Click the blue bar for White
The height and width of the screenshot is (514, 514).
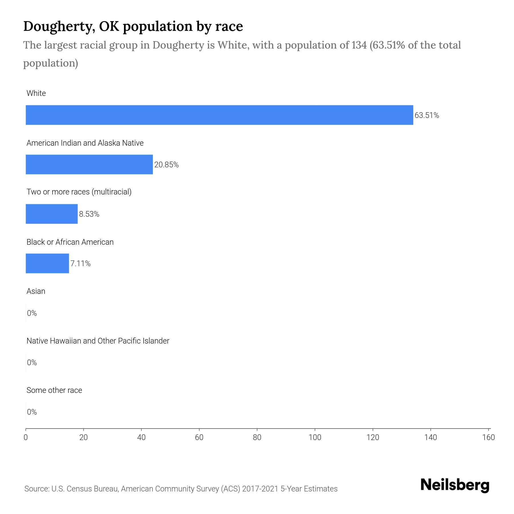click(219, 115)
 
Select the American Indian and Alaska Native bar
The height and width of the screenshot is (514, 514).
click(89, 164)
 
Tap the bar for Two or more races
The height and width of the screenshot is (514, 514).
click(52, 214)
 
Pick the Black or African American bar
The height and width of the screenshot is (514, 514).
click(47, 263)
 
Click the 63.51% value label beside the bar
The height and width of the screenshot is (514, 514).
click(427, 115)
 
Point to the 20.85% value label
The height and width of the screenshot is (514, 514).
click(166, 165)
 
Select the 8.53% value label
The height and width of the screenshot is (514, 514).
click(89, 214)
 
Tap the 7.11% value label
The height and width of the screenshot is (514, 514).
click(81, 264)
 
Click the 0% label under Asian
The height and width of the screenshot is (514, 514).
click(32, 313)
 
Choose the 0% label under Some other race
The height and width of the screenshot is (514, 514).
click(32, 412)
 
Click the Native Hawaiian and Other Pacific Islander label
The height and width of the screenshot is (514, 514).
click(98, 341)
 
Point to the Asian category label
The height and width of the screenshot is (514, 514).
click(36, 291)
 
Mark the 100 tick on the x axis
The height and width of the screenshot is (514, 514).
click(315, 437)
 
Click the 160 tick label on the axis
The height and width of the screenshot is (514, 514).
click(488, 437)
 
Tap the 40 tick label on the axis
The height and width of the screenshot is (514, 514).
click(141, 437)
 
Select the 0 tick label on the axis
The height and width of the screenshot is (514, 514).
click(26, 437)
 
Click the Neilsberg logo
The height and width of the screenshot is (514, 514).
click(455, 485)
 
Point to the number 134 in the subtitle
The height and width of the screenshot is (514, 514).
click(359, 45)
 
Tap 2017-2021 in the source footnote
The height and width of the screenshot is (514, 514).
click(260, 489)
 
